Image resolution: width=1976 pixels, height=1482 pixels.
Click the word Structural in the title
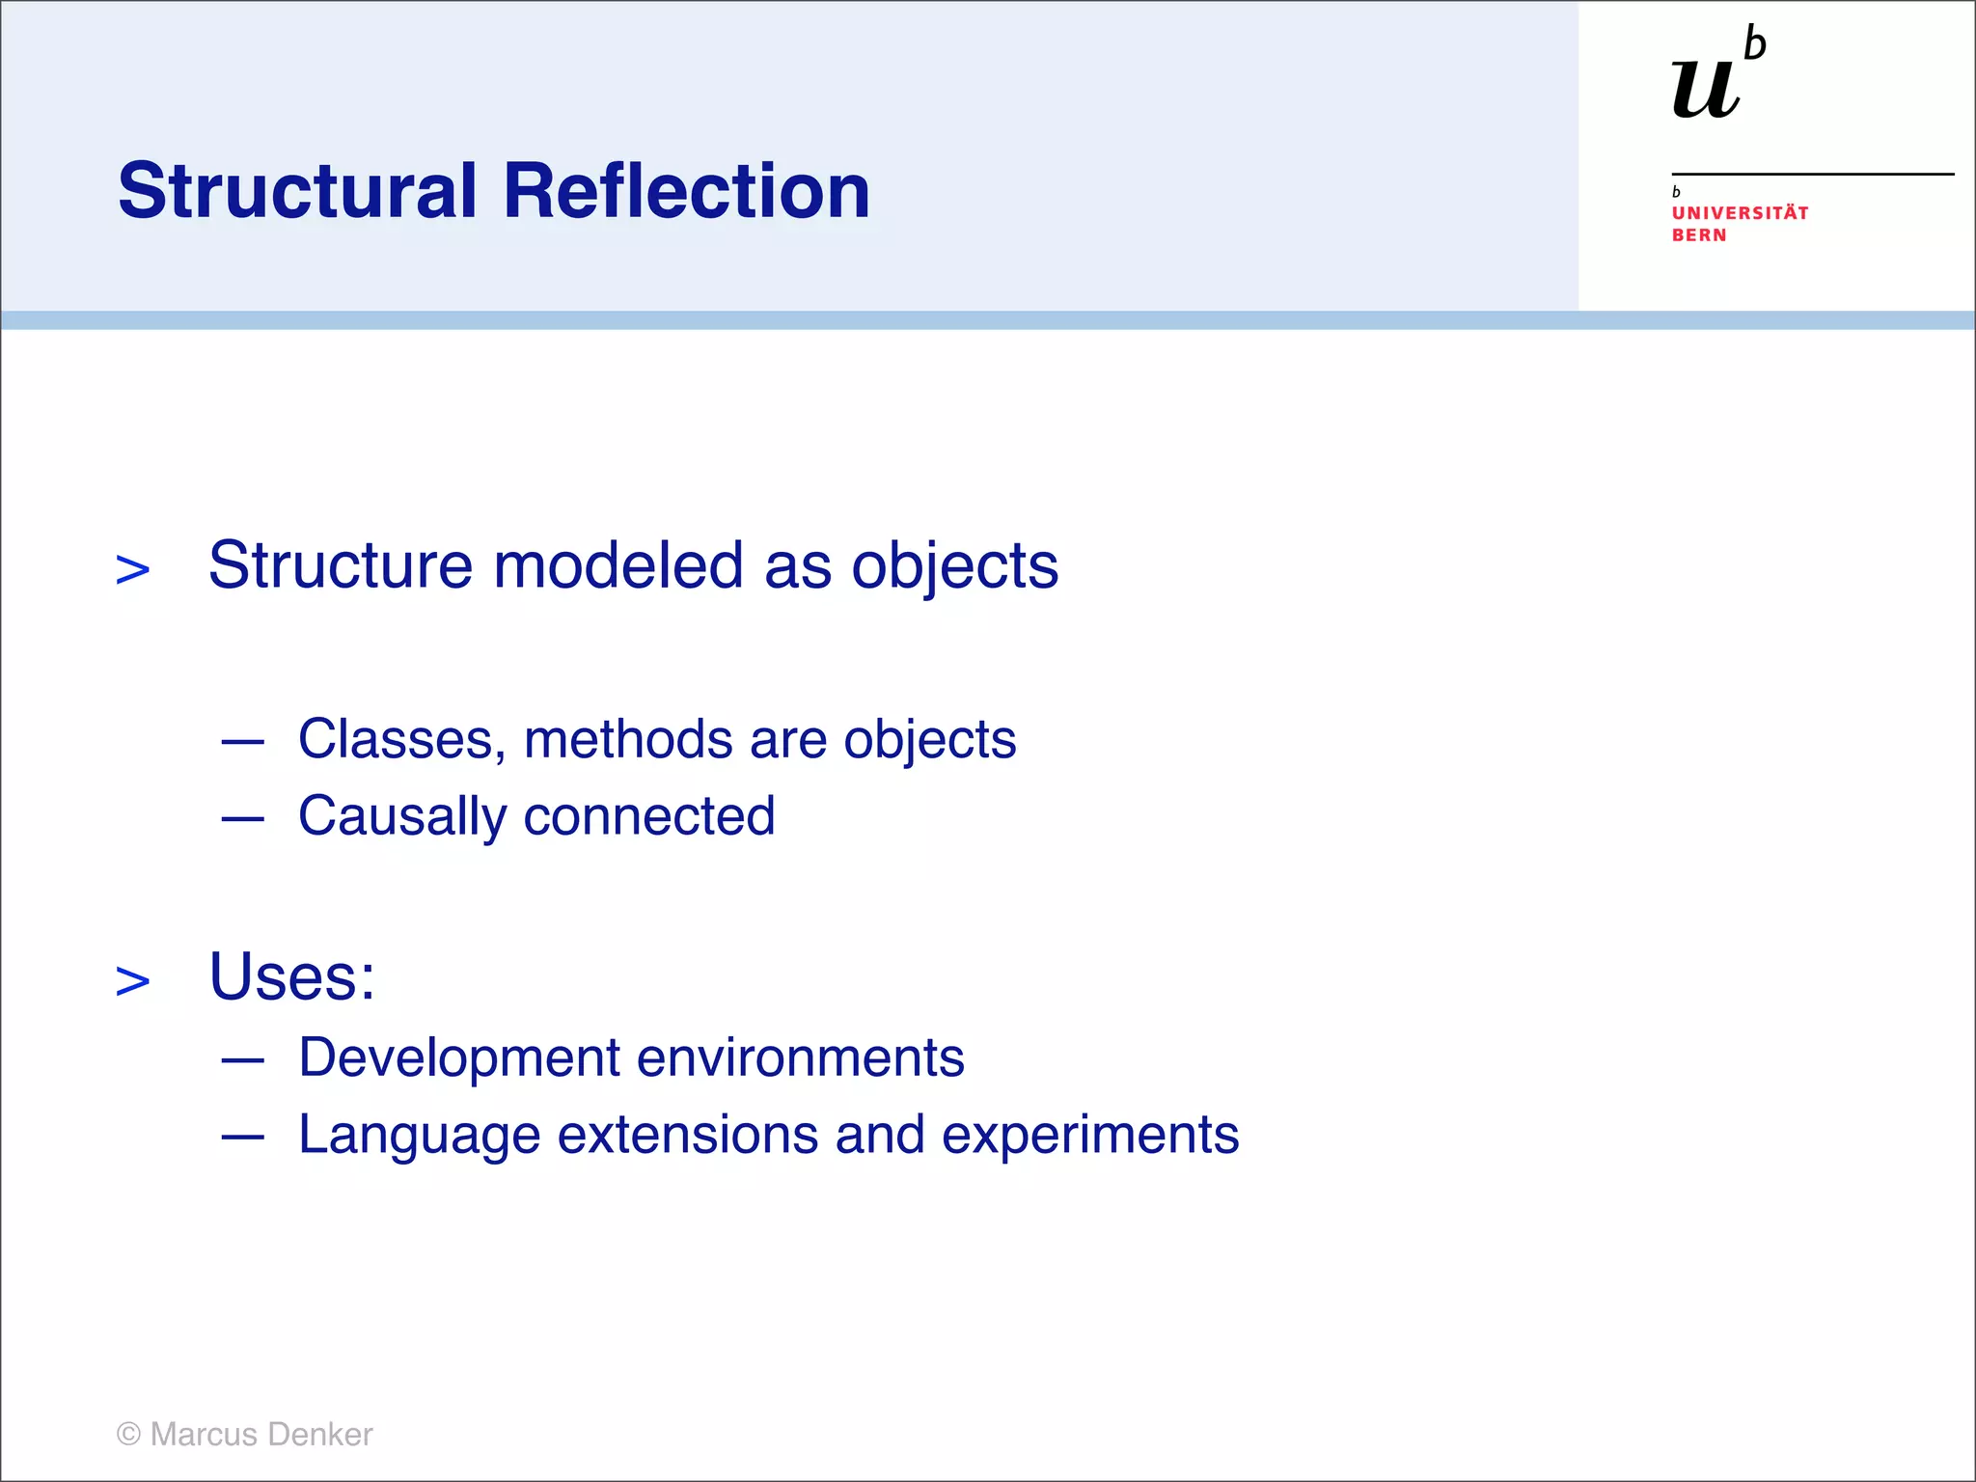[297, 191]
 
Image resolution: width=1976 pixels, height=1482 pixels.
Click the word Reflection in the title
[686, 191]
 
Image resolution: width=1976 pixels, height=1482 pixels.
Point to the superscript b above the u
[1755, 45]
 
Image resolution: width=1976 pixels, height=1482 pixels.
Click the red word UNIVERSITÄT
[1740, 213]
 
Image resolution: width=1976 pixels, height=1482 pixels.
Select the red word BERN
[1699, 235]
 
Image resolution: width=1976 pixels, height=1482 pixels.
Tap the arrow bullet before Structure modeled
[133, 570]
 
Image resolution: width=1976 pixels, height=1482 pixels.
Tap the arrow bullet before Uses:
[133, 981]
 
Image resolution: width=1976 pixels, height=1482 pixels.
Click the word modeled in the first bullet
[617, 565]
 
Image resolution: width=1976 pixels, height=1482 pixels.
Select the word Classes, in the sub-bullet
[401, 741]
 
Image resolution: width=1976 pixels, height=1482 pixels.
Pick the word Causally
[401, 817]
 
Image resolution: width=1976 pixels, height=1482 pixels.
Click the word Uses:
[291, 977]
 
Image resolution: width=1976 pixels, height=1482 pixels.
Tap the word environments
[800, 1058]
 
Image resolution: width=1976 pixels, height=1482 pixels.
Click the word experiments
[1090, 1136]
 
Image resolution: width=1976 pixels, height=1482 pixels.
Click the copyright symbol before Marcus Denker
[128, 1435]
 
